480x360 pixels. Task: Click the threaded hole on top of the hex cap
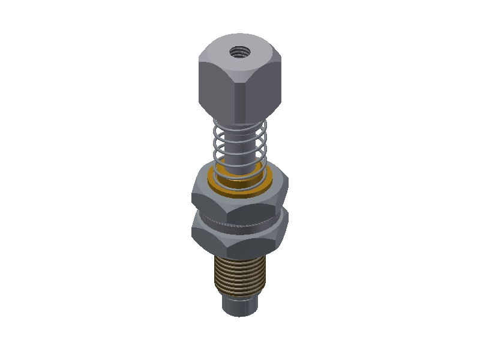point(240,53)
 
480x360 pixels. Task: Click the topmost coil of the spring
point(240,125)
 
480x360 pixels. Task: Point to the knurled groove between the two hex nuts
point(240,223)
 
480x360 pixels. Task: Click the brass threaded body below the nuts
point(240,273)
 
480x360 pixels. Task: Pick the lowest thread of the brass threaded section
point(240,292)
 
